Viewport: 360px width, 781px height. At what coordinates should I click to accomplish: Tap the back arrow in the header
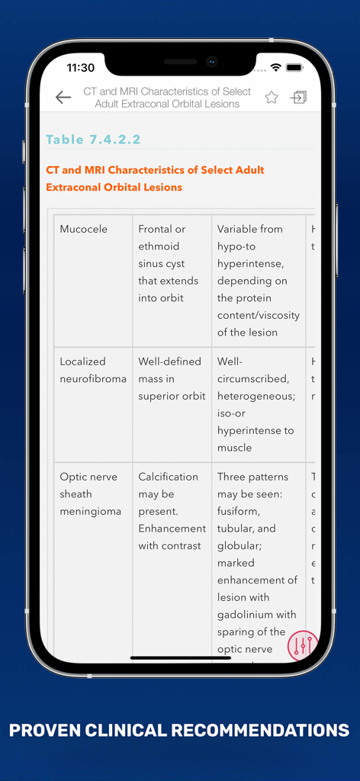tap(63, 97)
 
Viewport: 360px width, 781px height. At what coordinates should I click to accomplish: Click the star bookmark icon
tap(272, 97)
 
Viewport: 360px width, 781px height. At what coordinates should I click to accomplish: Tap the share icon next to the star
tap(298, 97)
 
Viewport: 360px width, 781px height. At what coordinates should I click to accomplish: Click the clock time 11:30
tap(81, 68)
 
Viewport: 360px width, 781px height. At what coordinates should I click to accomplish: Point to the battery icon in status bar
tap(294, 68)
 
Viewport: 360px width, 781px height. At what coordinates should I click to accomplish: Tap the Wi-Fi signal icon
tap(275, 68)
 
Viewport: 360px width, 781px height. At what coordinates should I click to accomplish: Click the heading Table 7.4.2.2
tap(93, 140)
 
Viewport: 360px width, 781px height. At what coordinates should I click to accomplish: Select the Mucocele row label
tap(84, 229)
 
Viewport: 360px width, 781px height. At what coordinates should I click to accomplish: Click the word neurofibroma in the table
tap(93, 378)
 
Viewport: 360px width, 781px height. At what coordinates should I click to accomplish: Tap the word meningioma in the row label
tap(91, 511)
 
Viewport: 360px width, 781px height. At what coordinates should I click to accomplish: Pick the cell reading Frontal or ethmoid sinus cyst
tap(168, 263)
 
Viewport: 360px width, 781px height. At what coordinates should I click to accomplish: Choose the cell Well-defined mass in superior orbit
tap(172, 378)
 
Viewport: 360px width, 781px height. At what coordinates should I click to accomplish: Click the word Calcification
tap(168, 477)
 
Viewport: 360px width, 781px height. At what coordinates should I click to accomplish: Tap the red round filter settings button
tap(302, 646)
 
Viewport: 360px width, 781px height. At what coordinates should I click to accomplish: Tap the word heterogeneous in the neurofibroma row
tap(255, 396)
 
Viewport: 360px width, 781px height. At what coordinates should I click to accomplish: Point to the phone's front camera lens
tap(212, 62)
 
